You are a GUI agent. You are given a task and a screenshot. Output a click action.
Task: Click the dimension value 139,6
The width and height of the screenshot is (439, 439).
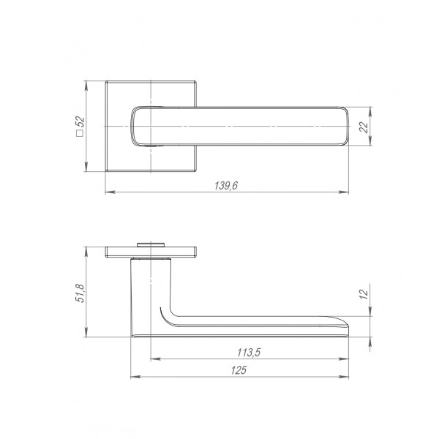pos(226,186)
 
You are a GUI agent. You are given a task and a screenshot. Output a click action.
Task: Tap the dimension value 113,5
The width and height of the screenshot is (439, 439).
pos(249,352)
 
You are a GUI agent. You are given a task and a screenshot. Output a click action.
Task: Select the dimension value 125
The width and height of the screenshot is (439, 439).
pos(239,370)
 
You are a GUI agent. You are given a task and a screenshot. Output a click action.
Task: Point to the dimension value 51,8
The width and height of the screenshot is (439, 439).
pos(80,293)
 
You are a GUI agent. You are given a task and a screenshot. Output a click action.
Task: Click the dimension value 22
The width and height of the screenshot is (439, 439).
pos(364,127)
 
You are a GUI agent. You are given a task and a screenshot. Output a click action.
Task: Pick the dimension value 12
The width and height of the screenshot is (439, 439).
pos(364,294)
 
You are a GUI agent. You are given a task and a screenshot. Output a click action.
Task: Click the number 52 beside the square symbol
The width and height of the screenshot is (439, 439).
pos(80,122)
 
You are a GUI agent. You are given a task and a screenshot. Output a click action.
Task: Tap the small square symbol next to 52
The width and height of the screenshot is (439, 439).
pos(80,133)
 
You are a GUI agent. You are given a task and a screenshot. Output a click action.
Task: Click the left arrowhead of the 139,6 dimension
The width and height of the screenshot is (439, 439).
pos(110,192)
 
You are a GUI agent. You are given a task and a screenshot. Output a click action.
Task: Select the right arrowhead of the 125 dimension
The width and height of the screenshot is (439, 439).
pos(344,377)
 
